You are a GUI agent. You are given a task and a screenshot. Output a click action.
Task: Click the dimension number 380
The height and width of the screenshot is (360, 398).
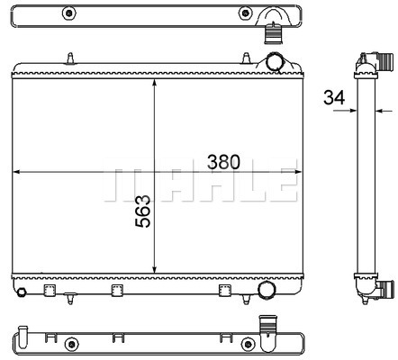tap(223, 162)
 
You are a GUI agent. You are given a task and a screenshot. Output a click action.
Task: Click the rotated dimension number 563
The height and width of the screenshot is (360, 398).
tap(143, 211)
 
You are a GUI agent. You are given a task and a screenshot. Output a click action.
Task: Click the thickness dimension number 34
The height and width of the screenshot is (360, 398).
tap(334, 97)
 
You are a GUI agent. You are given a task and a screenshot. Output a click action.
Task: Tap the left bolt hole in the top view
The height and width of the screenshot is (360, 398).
tap(69, 13)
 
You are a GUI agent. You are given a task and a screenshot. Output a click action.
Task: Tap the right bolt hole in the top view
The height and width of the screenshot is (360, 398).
tap(245, 13)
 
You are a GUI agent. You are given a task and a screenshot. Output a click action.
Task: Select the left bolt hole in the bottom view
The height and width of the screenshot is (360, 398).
tap(71, 344)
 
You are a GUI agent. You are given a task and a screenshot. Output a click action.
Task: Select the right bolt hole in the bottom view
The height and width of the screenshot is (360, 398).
tap(248, 344)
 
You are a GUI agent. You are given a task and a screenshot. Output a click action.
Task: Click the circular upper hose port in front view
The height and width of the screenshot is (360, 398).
tap(275, 62)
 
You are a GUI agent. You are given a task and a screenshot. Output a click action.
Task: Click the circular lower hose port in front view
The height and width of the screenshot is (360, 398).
tap(267, 290)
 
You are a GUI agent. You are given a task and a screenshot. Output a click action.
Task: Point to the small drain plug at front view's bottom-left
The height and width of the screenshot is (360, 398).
tap(22, 292)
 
